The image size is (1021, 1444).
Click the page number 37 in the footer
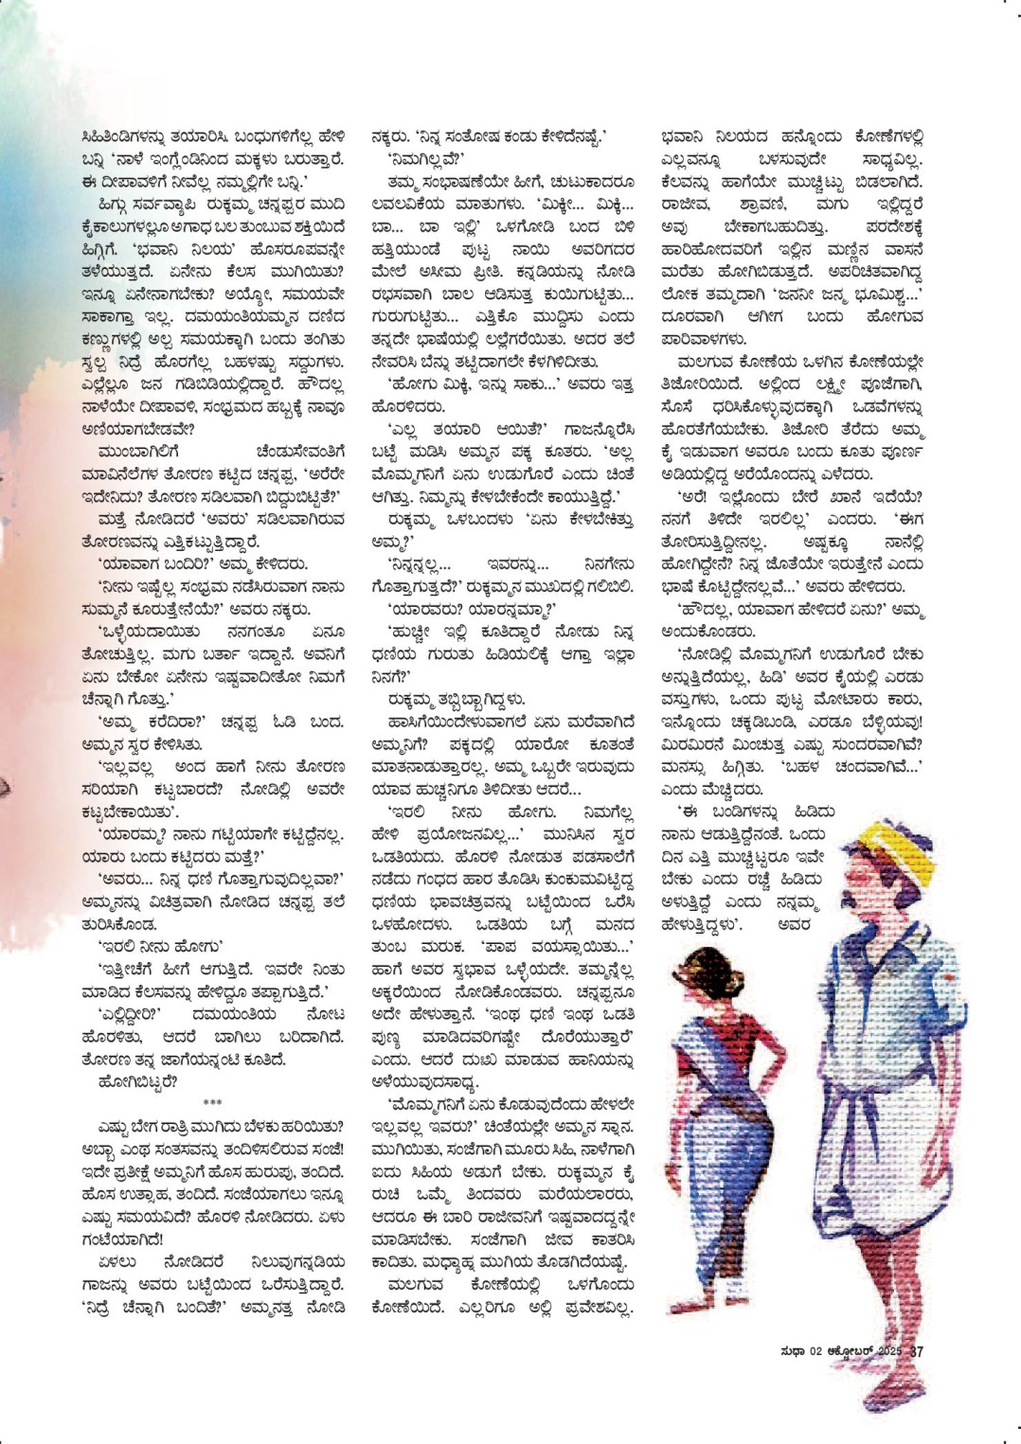pos(916,1351)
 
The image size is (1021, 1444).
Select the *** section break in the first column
pos(213,1103)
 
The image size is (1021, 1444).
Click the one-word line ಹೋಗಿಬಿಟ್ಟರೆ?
pos(137,1081)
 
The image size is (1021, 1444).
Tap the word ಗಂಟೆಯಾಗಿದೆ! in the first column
pos(123,1239)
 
